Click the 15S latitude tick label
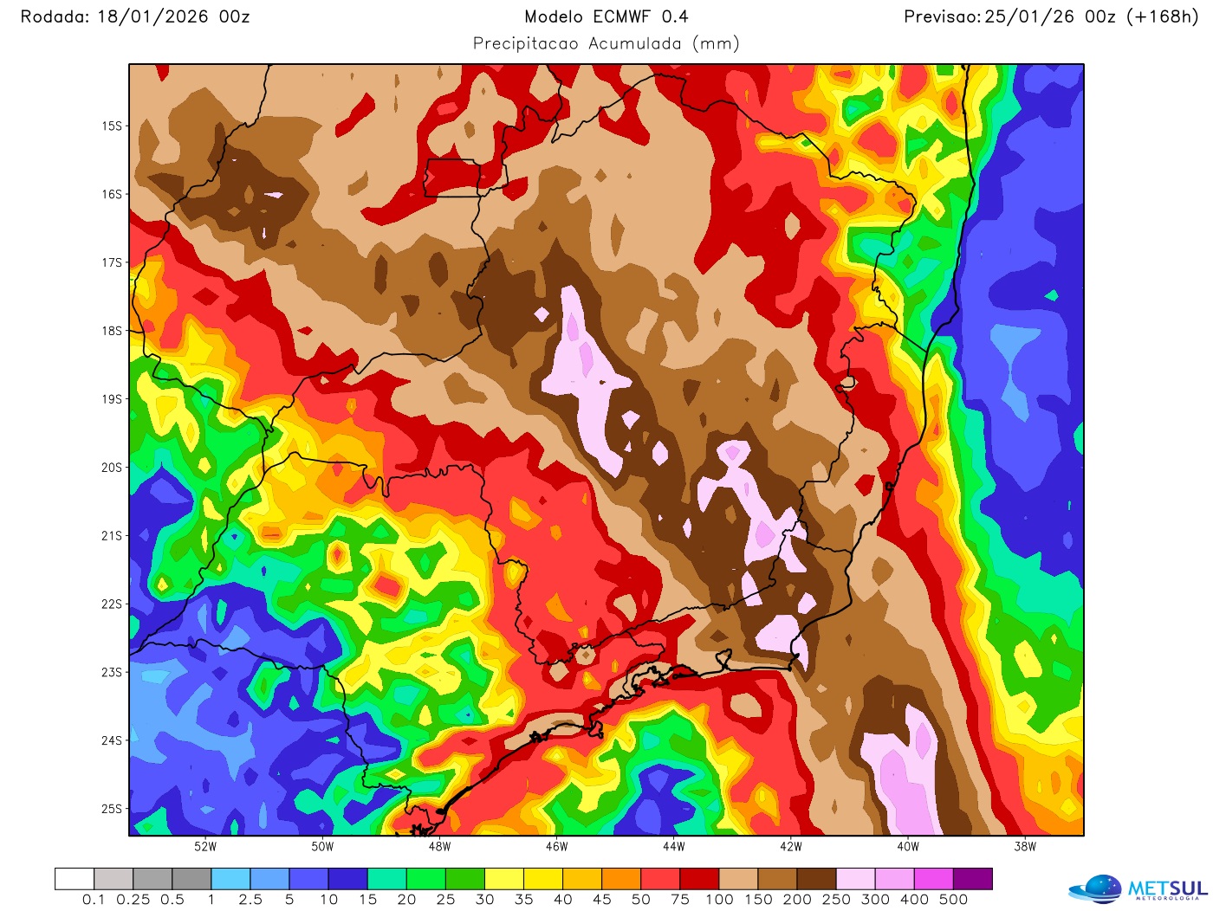coord(112,126)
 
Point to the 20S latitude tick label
coord(112,468)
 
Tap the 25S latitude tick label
coord(112,809)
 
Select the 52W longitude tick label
coord(205,846)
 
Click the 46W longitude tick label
coord(556,846)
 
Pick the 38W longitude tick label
coord(1024,846)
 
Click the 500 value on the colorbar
coord(953,900)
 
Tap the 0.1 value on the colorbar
coord(94,900)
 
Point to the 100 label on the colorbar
coord(719,900)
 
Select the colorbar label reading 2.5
coord(250,900)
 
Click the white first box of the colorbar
coord(75,879)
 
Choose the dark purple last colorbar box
coord(972,879)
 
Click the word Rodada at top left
coord(54,16)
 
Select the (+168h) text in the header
coord(1162,16)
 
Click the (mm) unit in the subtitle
coord(716,43)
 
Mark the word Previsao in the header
coord(942,16)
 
